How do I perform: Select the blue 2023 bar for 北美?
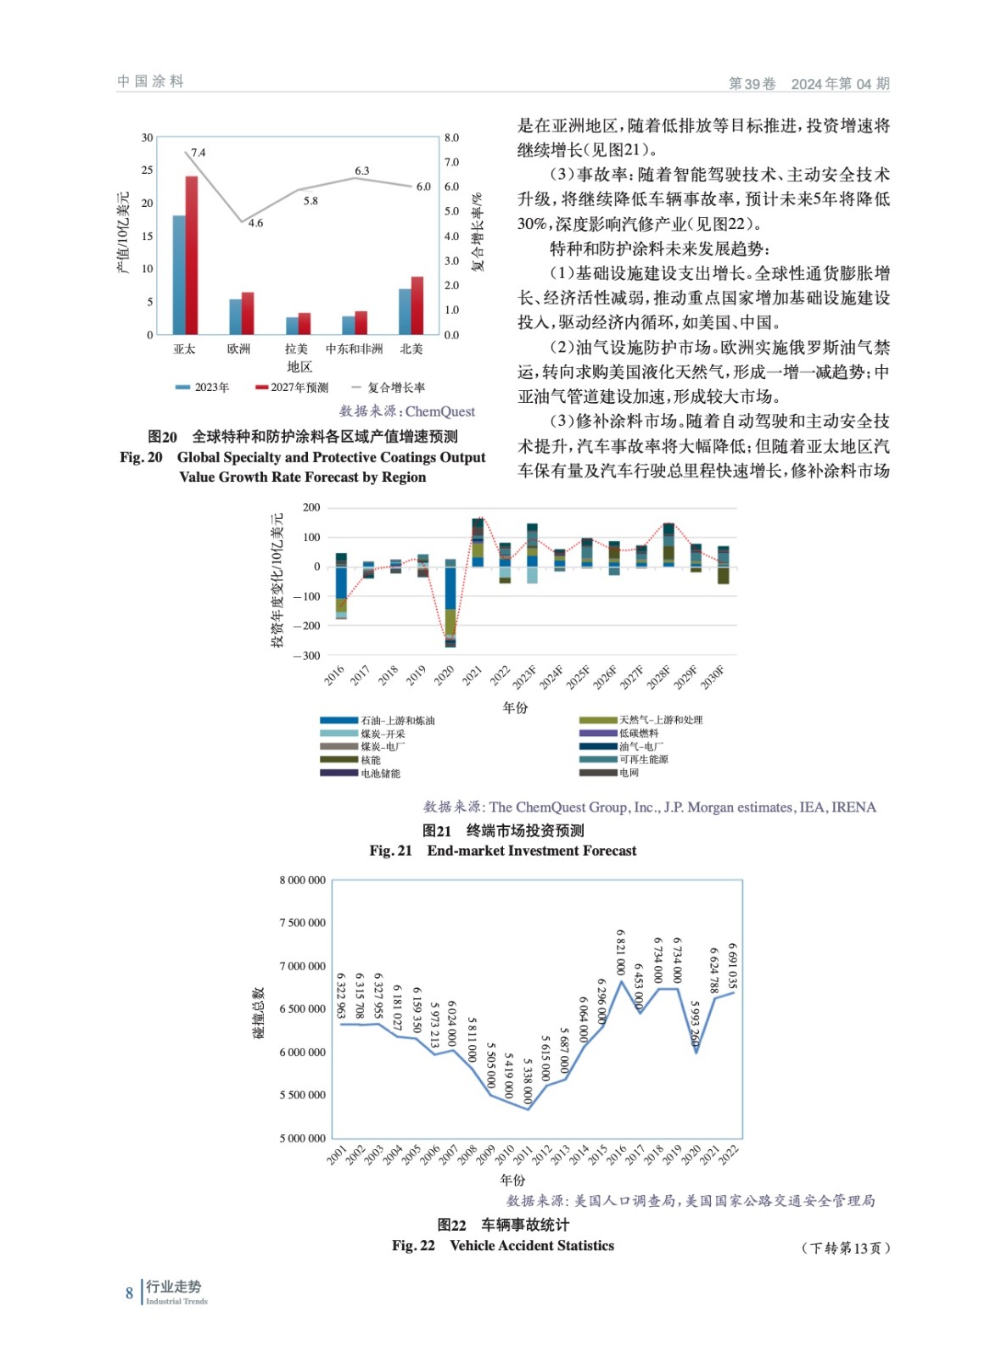pyautogui.click(x=405, y=311)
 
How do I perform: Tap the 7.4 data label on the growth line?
pyautogui.click(x=199, y=153)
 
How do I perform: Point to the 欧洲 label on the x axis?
pyautogui.click(x=239, y=349)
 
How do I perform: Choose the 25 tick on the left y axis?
pyautogui.click(x=148, y=170)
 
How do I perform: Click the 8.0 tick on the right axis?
pyautogui.click(x=451, y=137)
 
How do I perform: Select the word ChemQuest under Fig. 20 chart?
pyautogui.click(x=439, y=411)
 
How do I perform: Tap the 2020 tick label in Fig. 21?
pyautogui.click(x=444, y=675)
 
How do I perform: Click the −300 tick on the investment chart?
pyautogui.click(x=307, y=656)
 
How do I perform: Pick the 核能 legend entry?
pyautogui.click(x=371, y=760)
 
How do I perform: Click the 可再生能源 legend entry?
pyautogui.click(x=643, y=759)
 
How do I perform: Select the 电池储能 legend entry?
pyautogui.click(x=380, y=773)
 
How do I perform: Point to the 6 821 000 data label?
pyautogui.click(x=621, y=952)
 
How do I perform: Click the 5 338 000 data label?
pyautogui.click(x=528, y=1081)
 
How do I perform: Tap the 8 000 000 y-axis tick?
pyautogui.click(x=303, y=880)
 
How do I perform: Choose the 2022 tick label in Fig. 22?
pyautogui.click(x=729, y=1154)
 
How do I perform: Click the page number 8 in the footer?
pyautogui.click(x=129, y=1293)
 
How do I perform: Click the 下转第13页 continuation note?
pyautogui.click(x=845, y=1248)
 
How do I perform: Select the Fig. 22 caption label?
pyautogui.click(x=414, y=1245)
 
